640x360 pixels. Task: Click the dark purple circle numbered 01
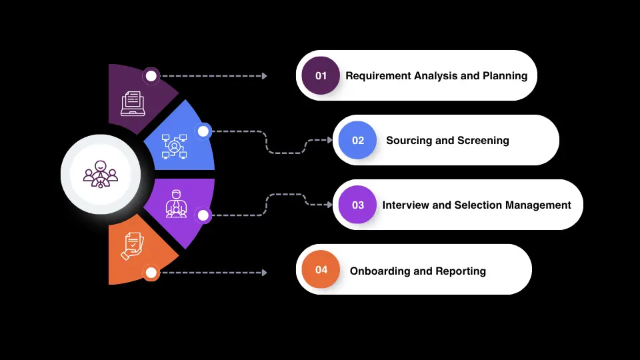pyautogui.click(x=321, y=75)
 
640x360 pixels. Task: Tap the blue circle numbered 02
pyautogui.click(x=358, y=140)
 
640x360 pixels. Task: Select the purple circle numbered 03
pyautogui.click(x=358, y=205)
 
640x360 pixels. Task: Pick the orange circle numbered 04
pyautogui.click(x=321, y=269)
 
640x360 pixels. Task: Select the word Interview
pyautogui.click(x=406, y=205)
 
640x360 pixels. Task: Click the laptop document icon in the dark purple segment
pyautogui.click(x=131, y=104)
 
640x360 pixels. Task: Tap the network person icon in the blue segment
pyautogui.click(x=174, y=145)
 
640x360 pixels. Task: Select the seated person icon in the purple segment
pyautogui.click(x=175, y=203)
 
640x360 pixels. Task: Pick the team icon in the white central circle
pyautogui.click(x=100, y=174)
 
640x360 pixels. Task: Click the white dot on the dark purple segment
pyautogui.click(x=151, y=76)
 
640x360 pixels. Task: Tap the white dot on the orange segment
pyautogui.click(x=151, y=272)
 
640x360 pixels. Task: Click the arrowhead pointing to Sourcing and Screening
pyautogui.click(x=329, y=140)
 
